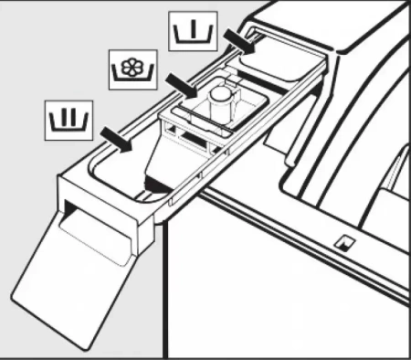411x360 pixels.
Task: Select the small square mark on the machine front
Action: (x=342, y=242)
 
